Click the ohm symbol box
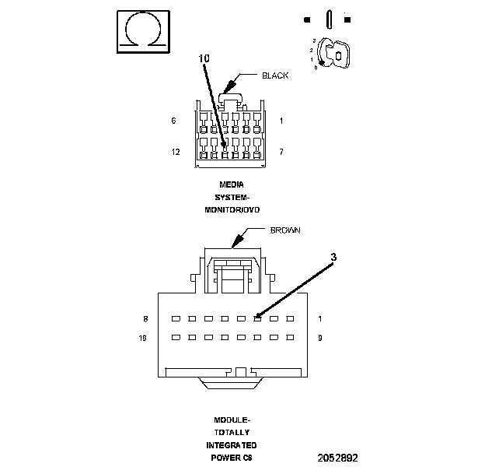(144, 31)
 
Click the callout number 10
(204, 58)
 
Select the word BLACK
(275, 75)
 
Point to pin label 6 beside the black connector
(174, 121)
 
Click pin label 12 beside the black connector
(176, 152)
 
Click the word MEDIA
(232, 184)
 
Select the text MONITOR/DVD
(232, 210)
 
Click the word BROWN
(284, 231)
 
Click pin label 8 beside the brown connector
(146, 319)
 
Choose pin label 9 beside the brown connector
(320, 338)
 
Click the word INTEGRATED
(232, 444)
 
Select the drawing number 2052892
(337, 458)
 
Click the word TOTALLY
(232, 432)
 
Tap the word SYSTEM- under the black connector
(232, 198)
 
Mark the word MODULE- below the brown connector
(232, 420)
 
